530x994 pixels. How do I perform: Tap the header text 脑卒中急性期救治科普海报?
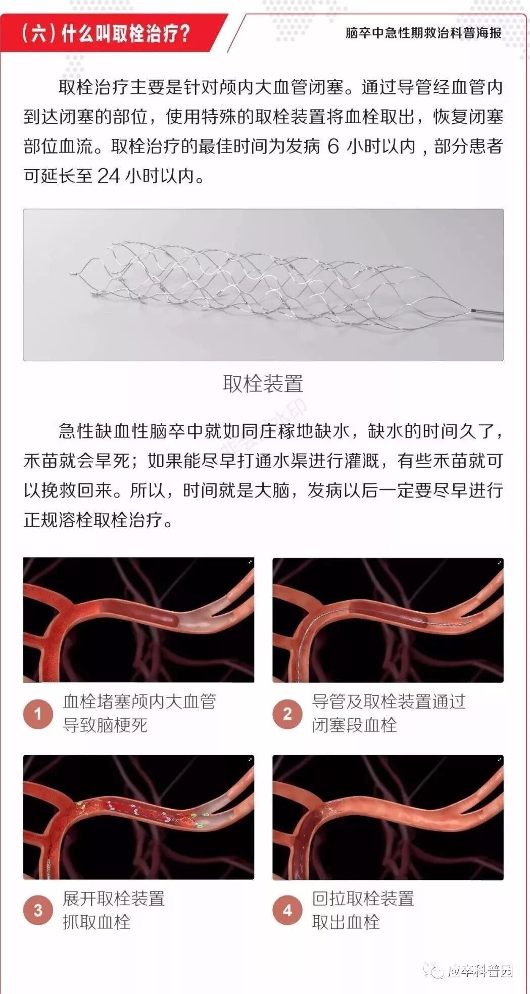tap(423, 33)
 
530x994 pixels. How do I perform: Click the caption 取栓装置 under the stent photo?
tap(263, 384)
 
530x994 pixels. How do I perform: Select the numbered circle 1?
tap(38, 714)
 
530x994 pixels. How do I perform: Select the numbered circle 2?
tap(287, 714)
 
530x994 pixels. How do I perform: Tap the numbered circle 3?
tap(38, 911)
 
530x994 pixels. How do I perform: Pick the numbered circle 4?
tap(287, 911)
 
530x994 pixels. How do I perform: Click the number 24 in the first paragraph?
tap(109, 176)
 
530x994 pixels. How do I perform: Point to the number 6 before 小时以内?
tap(333, 146)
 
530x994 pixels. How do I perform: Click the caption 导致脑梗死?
tap(105, 725)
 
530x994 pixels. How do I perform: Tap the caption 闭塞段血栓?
tap(355, 725)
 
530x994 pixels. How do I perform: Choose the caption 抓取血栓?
tap(97, 922)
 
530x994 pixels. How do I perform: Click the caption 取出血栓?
tap(346, 922)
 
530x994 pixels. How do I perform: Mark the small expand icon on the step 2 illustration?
tap(500, 562)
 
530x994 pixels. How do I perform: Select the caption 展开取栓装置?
tap(114, 899)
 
